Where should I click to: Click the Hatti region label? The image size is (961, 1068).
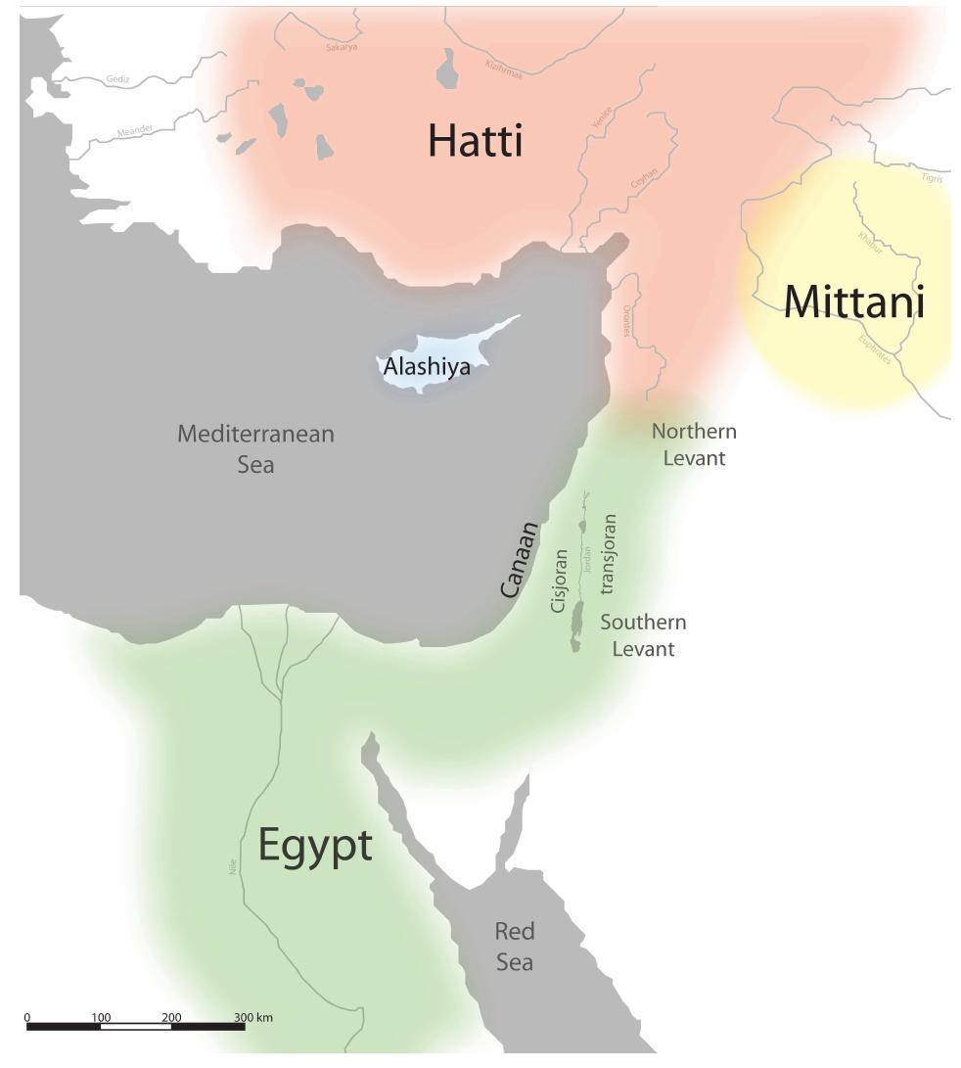[476, 142]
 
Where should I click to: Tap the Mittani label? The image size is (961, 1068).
[853, 302]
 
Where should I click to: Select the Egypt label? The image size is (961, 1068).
[315, 846]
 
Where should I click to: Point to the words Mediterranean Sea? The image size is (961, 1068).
[255, 448]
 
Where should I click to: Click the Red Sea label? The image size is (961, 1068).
[514, 946]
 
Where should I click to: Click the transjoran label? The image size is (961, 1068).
[610, 554]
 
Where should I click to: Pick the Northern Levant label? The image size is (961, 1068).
[694, 443]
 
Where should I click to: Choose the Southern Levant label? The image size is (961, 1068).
[643, 634]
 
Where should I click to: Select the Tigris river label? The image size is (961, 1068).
[932, 177]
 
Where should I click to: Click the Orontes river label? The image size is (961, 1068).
[626, 320]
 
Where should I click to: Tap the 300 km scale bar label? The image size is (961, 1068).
[253, 1016]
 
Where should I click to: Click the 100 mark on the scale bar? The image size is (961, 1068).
[101, 1016]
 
